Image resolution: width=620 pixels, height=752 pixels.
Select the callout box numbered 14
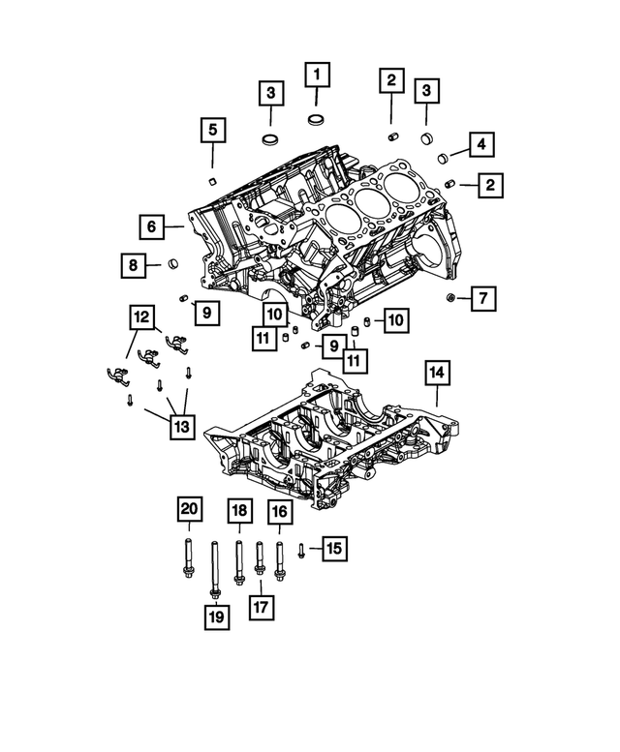(437, 372)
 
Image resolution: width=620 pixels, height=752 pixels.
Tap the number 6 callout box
(151, 226)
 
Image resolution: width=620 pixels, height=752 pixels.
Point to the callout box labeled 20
(189, 508)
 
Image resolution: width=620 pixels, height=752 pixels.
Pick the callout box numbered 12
(142, 316)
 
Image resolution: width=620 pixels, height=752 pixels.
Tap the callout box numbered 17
(261, 607)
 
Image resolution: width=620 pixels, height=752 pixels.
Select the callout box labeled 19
(215, 615)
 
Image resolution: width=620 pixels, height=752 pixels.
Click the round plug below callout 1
(316, 120)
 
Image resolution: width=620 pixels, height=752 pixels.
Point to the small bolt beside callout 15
(301, 550)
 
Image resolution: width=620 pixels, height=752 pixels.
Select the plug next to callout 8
(174, 262)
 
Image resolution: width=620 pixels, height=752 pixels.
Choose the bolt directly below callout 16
(280, 560)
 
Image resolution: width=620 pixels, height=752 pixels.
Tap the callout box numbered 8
(135, 263)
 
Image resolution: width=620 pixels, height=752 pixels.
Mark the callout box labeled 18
(239, 509)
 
